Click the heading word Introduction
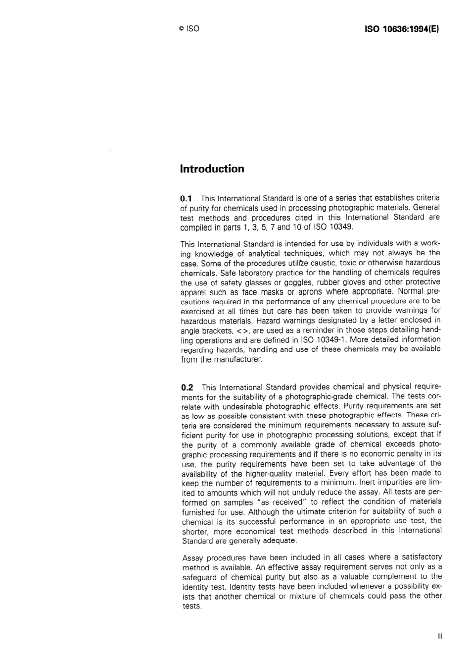click(212, 169)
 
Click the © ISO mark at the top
click(189, 29)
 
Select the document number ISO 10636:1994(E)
click(402, 29)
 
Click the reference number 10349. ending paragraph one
click(341, 227)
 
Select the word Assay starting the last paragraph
click(192, 557)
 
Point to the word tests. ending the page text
click(192, 606)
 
